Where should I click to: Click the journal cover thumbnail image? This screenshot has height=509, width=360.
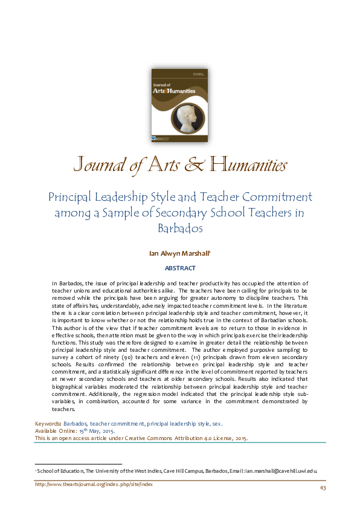(x=179, y=105)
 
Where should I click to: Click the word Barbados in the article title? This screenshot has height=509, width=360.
(x=179, y=229)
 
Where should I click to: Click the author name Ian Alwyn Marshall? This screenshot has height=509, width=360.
(x=179, y=254)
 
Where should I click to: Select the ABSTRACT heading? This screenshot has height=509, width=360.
(x=180, y=268)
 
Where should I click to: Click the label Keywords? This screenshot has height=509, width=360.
(x=47, y=424)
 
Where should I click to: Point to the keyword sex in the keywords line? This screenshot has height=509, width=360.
(x=216, y=424)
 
